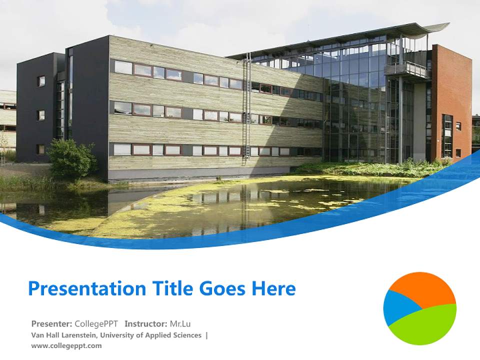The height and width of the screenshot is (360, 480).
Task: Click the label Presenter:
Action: (x=52, y=323)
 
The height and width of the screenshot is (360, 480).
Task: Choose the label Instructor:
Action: (x=146, y=323)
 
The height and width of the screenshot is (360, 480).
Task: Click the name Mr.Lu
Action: (x=180, y=323)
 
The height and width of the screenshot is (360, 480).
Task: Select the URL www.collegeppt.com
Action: (x=66, y=345)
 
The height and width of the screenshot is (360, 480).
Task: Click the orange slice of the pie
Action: (x=425, y=288)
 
